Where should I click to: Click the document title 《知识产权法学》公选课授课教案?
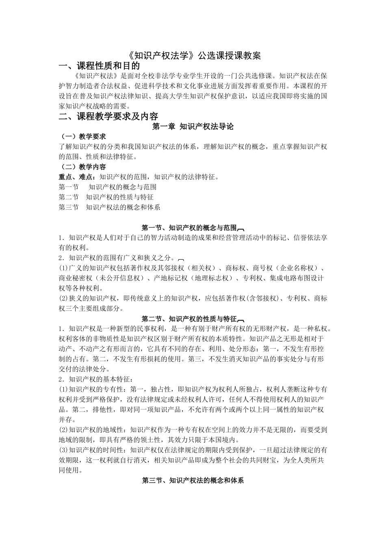[193, 56]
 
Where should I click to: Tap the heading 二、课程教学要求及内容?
[108, 117]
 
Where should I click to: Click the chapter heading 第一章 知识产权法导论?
[193, 127]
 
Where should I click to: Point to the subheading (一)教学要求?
[82, 136]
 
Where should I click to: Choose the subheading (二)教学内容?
[82, 167]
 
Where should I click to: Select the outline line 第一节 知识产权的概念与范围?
[108, 187]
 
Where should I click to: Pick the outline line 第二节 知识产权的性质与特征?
[106, 197]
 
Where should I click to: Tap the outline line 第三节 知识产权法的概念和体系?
[109, 207]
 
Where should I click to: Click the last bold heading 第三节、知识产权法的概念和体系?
[193, 481]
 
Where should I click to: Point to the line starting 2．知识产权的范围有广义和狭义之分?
[117, 258]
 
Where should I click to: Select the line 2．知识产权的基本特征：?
[96, 379]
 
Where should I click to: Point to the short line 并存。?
[66, 420]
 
